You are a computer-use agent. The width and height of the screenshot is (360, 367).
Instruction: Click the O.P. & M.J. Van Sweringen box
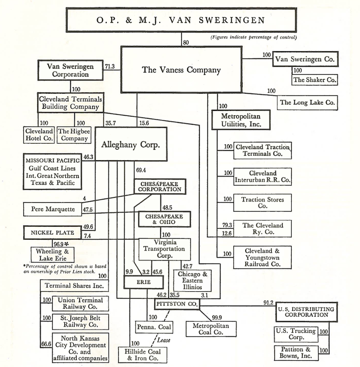pos(183,20)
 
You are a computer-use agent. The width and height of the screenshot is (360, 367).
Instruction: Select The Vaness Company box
pos(181,70)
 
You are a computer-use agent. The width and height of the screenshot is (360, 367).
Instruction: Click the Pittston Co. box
pos(176,304)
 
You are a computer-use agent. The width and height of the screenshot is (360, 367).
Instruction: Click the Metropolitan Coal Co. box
pos(211,329)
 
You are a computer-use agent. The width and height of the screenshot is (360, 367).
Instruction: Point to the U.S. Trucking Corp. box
pos(296,334)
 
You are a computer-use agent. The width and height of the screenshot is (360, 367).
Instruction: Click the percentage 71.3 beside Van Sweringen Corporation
pos(110,66)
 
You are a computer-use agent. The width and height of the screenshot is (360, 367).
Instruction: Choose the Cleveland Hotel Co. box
pos(39,135)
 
